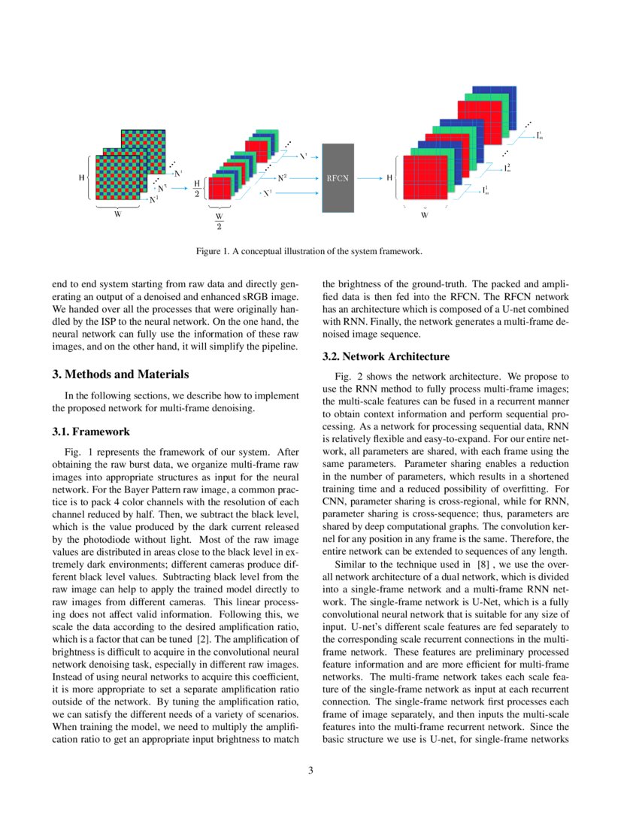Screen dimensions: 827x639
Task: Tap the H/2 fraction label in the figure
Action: click(197, 188)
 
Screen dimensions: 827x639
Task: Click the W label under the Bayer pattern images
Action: click(117, 212)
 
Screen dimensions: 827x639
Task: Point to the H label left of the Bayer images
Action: click(82, 178)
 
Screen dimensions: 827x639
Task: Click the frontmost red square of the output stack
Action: click(425, 178)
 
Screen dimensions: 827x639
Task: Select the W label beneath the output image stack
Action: click(424, 215)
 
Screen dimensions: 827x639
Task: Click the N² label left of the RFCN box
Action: click(282, 178)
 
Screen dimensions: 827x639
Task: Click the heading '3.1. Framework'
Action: click(91, 432)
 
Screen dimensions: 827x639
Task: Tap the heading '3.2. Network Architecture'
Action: click(386, 356)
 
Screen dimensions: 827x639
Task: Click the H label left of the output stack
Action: click(389, 178)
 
